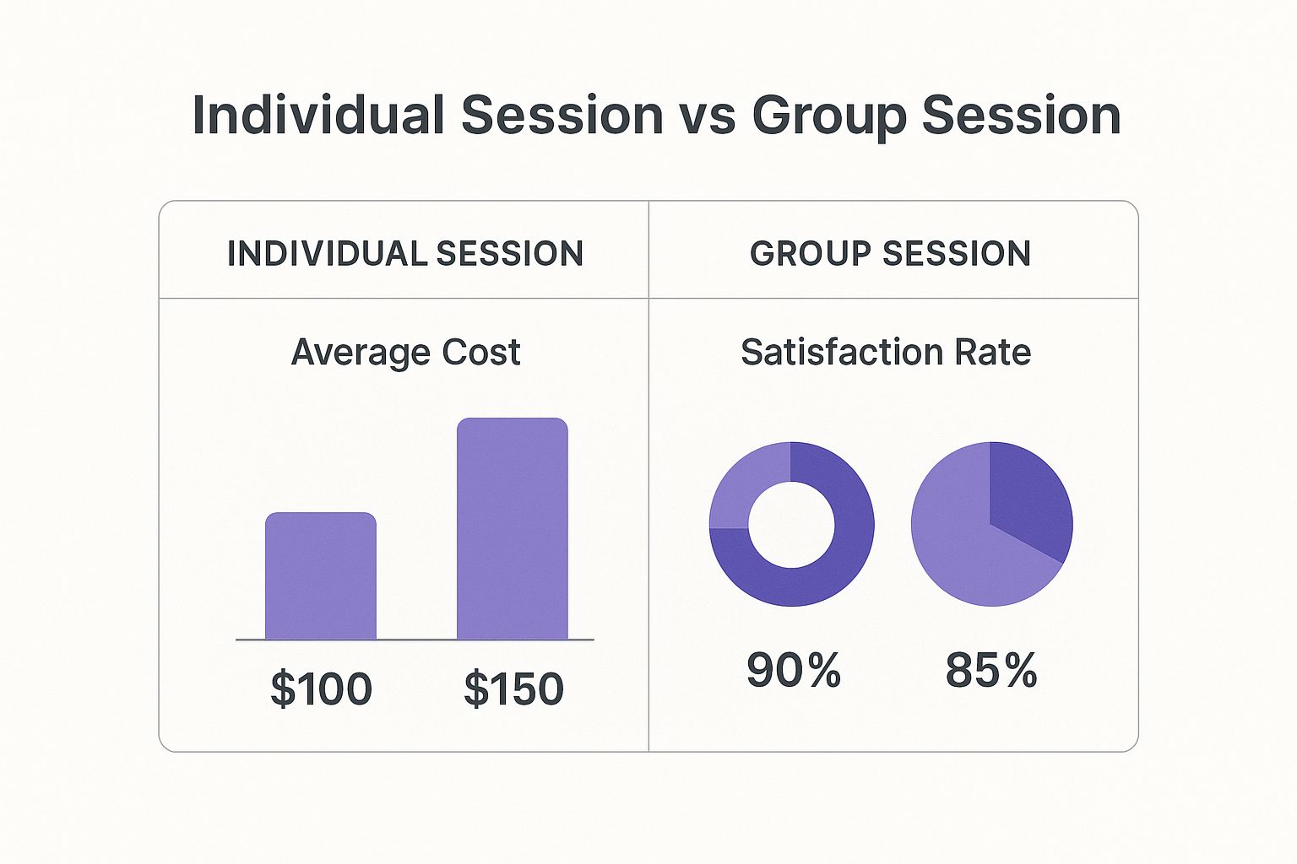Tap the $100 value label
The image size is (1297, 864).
click(321, 688)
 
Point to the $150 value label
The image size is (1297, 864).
click(513, 688)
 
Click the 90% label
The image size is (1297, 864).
click(793, 671)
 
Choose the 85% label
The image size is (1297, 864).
click(991, 671)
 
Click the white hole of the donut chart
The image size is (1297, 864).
click(791, 524)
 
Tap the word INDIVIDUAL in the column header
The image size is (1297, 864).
click(326, 253)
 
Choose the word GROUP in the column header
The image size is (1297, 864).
click(811, 253)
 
